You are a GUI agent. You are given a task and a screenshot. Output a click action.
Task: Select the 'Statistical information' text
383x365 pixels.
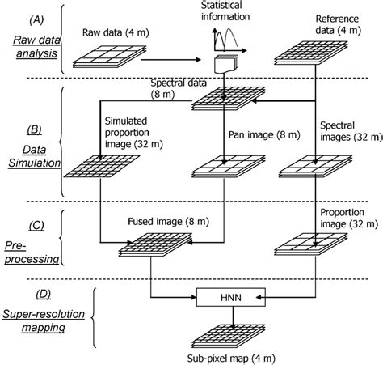click(225, 11)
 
